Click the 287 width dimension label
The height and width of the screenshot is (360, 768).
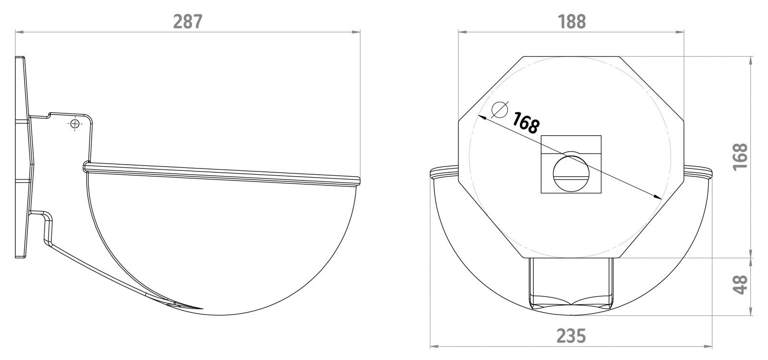[x=188, y=21]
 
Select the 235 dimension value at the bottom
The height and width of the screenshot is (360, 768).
[x=571, y=336]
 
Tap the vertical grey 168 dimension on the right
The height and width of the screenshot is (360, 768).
[x=741, y=156]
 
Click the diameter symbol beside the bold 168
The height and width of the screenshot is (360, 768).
[x=500, y=110]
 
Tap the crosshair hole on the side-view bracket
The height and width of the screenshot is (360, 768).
[x=74, y=124]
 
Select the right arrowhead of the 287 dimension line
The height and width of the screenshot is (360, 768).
[x=357, y=32]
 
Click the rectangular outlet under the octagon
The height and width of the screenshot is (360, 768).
[x=571, y=283]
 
